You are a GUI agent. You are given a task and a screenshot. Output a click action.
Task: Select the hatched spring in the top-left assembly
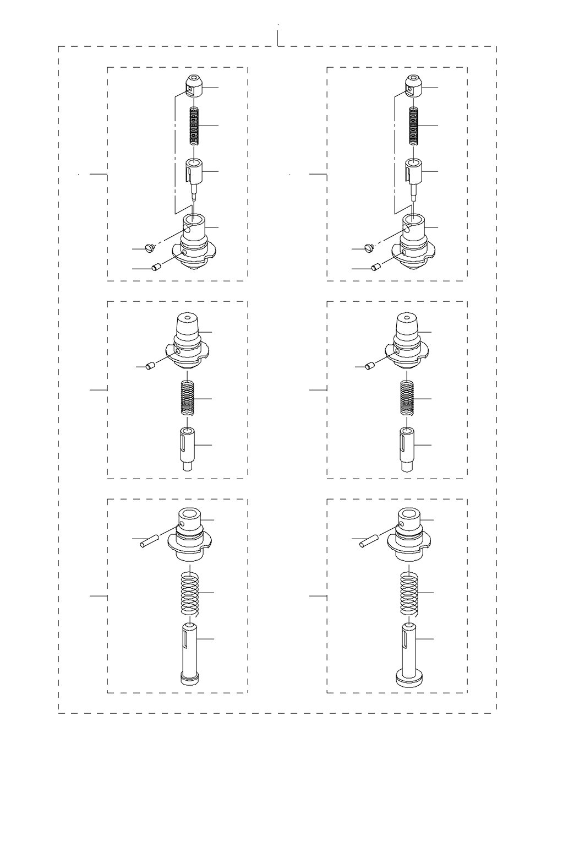[193, 126]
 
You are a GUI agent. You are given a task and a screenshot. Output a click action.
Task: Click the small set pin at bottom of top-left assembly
[156, 268]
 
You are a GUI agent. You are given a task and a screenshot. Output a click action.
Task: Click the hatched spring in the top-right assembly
[413, 126]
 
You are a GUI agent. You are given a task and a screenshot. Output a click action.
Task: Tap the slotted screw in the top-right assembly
[368, 248]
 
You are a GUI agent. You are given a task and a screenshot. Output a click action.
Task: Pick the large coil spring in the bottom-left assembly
[189, 593]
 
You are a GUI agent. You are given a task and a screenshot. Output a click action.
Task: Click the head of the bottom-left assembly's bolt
[189, 678]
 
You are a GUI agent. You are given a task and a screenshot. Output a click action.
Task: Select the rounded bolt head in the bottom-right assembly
[409, 678]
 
